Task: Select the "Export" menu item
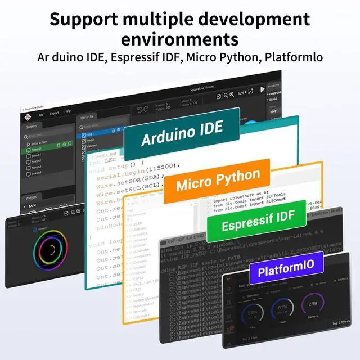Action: [x=54, y=112]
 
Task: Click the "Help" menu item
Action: [x=67, y=112]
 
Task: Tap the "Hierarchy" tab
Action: [x=87, y=117]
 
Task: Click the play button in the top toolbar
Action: [x=262, y=89]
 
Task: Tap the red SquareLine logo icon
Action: [x=26, y=116]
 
